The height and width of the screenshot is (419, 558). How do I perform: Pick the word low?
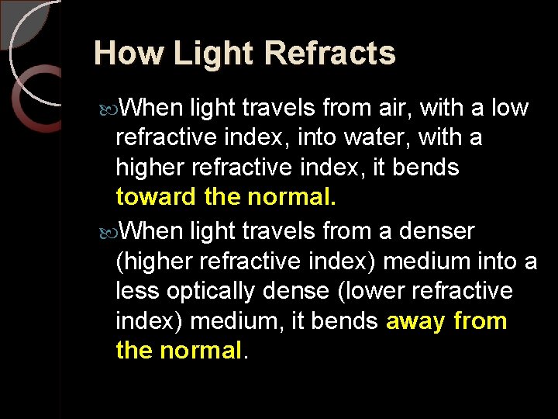[510, 108]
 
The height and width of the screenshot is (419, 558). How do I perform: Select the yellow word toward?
[156, 197]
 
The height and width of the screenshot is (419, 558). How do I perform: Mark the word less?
[136, 291]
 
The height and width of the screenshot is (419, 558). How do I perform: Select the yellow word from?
[480, 321]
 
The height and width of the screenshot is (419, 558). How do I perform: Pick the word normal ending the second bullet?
[201, 351]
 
